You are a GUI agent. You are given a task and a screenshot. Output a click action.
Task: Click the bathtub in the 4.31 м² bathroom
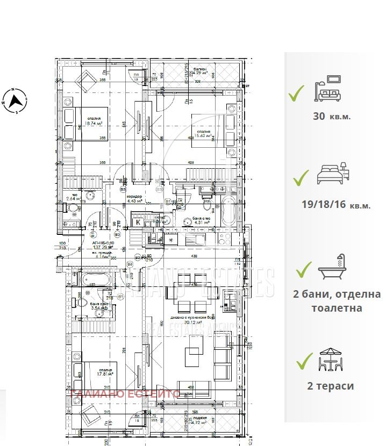[x=227, y=211]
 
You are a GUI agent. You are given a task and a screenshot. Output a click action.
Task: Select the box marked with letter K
[x=138, y=221]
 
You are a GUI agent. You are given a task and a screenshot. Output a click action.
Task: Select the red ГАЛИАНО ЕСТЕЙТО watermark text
[x=117, y=394]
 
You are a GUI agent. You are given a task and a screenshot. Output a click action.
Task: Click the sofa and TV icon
[x=328, y=89]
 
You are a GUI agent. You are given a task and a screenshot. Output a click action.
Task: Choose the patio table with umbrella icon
[x=330, y=360]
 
